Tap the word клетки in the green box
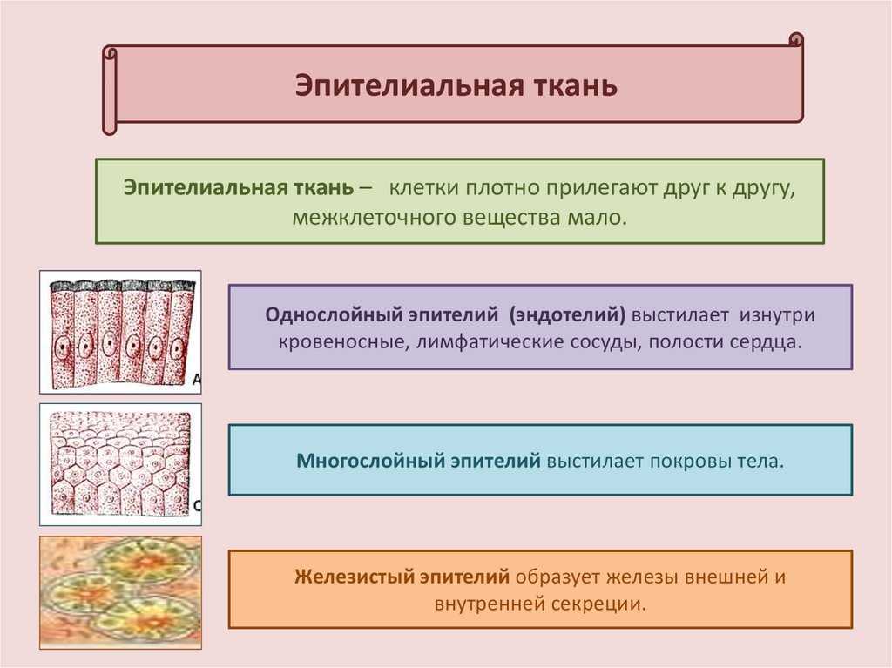tap(423, 187)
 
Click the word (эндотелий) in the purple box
tap(567, 314)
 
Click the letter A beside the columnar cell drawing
tap(197, 380)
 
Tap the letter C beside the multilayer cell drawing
tap(198, 506)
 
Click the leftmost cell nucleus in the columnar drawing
tap(62, 346)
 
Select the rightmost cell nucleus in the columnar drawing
tap(177, 347)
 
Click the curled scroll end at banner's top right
tap(796, 40)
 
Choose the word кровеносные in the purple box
tap(343, 342)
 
